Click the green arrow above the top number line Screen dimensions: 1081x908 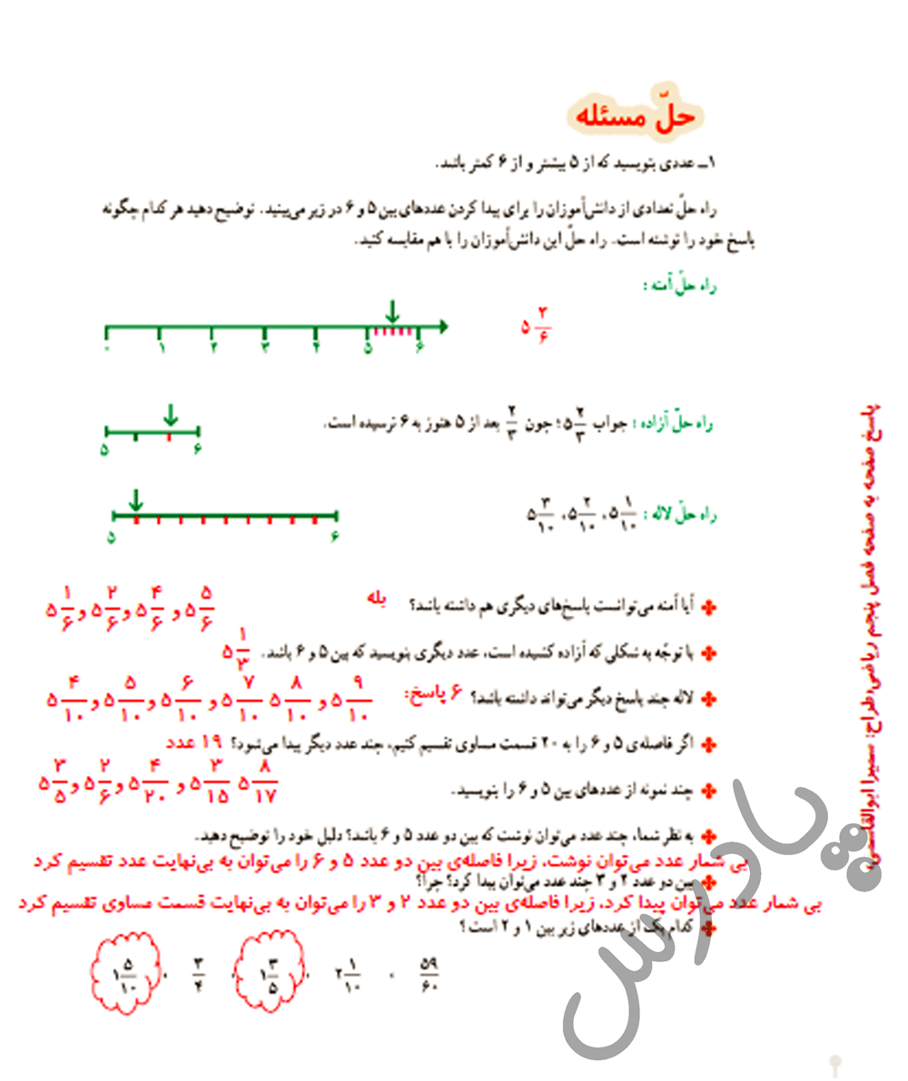(x=391, y=311)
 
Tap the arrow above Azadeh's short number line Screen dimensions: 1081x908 (x=170, y=416)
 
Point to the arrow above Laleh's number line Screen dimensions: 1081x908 (x=135, y=500)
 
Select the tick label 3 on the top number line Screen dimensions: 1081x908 (x=265, y=347)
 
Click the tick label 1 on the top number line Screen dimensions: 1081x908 (x=161, y=347)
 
